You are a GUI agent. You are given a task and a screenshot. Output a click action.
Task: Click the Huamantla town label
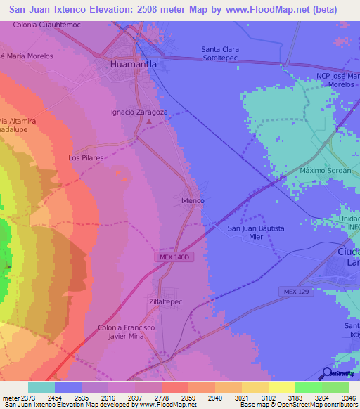133,64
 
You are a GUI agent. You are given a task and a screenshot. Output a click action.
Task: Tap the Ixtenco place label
193,201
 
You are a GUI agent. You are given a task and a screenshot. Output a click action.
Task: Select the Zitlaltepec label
165,301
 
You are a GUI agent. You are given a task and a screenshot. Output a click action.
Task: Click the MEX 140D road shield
172,258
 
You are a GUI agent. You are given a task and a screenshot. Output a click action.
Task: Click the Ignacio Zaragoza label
139,112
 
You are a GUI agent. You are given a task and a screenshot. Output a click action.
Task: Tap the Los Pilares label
86,158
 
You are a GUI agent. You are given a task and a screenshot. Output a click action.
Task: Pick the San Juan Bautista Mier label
255,233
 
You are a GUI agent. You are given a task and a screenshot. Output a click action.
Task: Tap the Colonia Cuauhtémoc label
46,25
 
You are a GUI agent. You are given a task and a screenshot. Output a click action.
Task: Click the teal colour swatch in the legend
41,387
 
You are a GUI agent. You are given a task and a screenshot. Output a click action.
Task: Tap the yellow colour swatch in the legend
281,387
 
